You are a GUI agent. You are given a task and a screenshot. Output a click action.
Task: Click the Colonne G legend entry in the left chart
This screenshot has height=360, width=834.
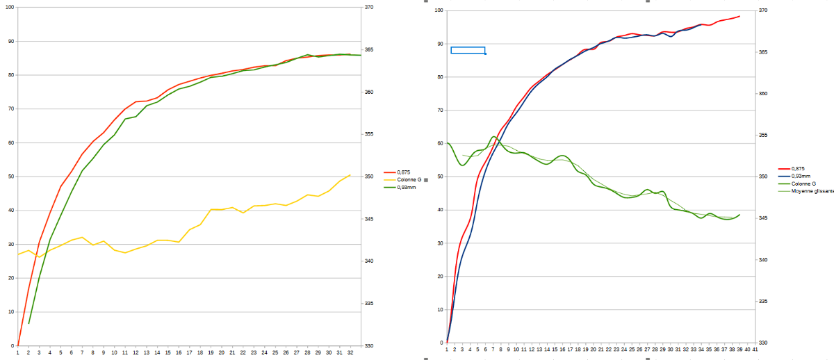pos(409,179)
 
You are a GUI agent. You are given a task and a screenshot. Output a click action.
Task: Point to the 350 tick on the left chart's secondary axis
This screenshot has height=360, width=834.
pos(369,177)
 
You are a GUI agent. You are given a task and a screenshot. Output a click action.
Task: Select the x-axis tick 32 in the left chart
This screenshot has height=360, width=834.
pos(350,352)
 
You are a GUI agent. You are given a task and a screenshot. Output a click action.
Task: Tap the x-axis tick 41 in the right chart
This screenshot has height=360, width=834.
pos(755,351)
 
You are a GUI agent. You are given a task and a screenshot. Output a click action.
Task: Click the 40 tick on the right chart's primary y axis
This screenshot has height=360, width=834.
pos(439,210)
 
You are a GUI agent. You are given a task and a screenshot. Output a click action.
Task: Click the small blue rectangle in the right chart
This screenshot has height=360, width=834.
pos(468,50)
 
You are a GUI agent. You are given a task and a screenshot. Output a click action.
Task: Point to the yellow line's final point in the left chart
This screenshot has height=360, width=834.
pos(350,175)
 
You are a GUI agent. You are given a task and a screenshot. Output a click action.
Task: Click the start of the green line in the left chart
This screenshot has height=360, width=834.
pos(28,324)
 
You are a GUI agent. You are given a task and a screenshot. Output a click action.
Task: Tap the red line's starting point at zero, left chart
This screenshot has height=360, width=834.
pos(18,345)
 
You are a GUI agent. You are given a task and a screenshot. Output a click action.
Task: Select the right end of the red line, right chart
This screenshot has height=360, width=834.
pos(739,16)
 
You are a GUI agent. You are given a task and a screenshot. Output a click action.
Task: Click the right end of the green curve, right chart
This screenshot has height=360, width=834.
pos(739,215)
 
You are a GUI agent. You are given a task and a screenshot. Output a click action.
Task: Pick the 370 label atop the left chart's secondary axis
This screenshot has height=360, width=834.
pos(369,8)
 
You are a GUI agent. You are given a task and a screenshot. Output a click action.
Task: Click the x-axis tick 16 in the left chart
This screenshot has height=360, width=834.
pos(179,352)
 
